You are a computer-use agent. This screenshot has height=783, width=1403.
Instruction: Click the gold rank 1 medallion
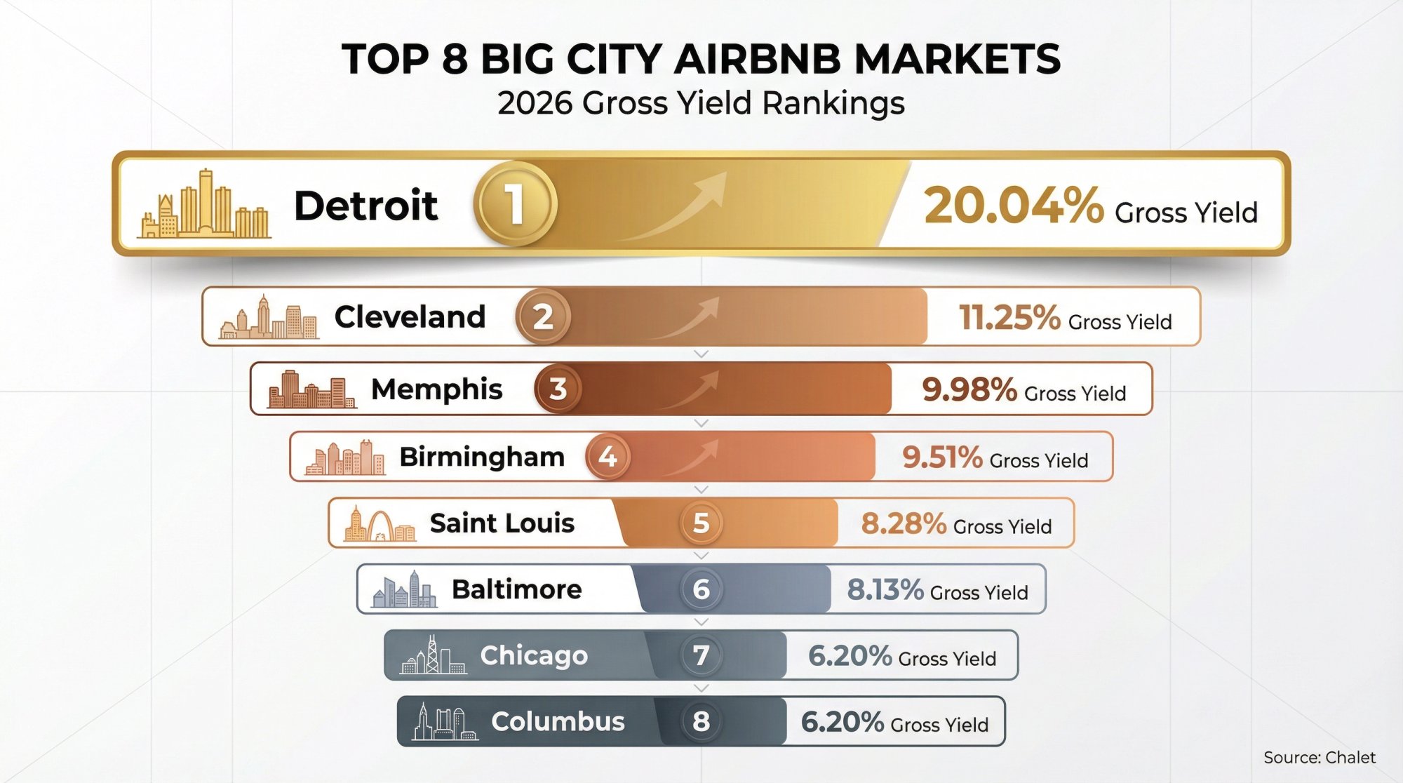click(x=515, y=204)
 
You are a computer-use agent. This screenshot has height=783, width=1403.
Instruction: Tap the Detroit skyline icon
click(x=204, y=206)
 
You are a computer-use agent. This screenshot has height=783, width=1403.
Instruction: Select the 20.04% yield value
click(x=1014, y=206)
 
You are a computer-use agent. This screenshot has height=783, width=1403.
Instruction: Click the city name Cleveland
click(x=410, y=317)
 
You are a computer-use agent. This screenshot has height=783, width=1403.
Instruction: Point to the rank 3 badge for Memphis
click(x=558, y=389)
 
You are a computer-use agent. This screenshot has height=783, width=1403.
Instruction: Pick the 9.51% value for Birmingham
click(x=941, y=457)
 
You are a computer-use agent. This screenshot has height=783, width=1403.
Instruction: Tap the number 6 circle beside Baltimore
click(x=701, y=589)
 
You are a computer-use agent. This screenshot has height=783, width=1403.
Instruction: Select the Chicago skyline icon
click(x=432, y=657)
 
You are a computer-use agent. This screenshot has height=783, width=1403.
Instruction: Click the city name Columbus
click(x=558, y=722)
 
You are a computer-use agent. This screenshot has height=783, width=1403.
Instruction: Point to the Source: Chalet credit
click(x=1319, y=758)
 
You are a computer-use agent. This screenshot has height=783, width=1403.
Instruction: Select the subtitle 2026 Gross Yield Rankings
click(x=701, y=103)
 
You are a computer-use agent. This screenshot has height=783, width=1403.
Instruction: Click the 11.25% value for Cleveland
click(x=1009, y=318)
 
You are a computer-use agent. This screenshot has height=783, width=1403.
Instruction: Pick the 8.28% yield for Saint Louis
click(x=903, y=524)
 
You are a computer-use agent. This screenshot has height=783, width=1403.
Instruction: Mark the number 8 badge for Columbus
click(x=701, y=722)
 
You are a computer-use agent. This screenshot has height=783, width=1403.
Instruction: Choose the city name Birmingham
click(x=482, y=457)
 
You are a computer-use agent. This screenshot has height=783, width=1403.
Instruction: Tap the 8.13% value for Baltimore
click(x=885, y=590)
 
